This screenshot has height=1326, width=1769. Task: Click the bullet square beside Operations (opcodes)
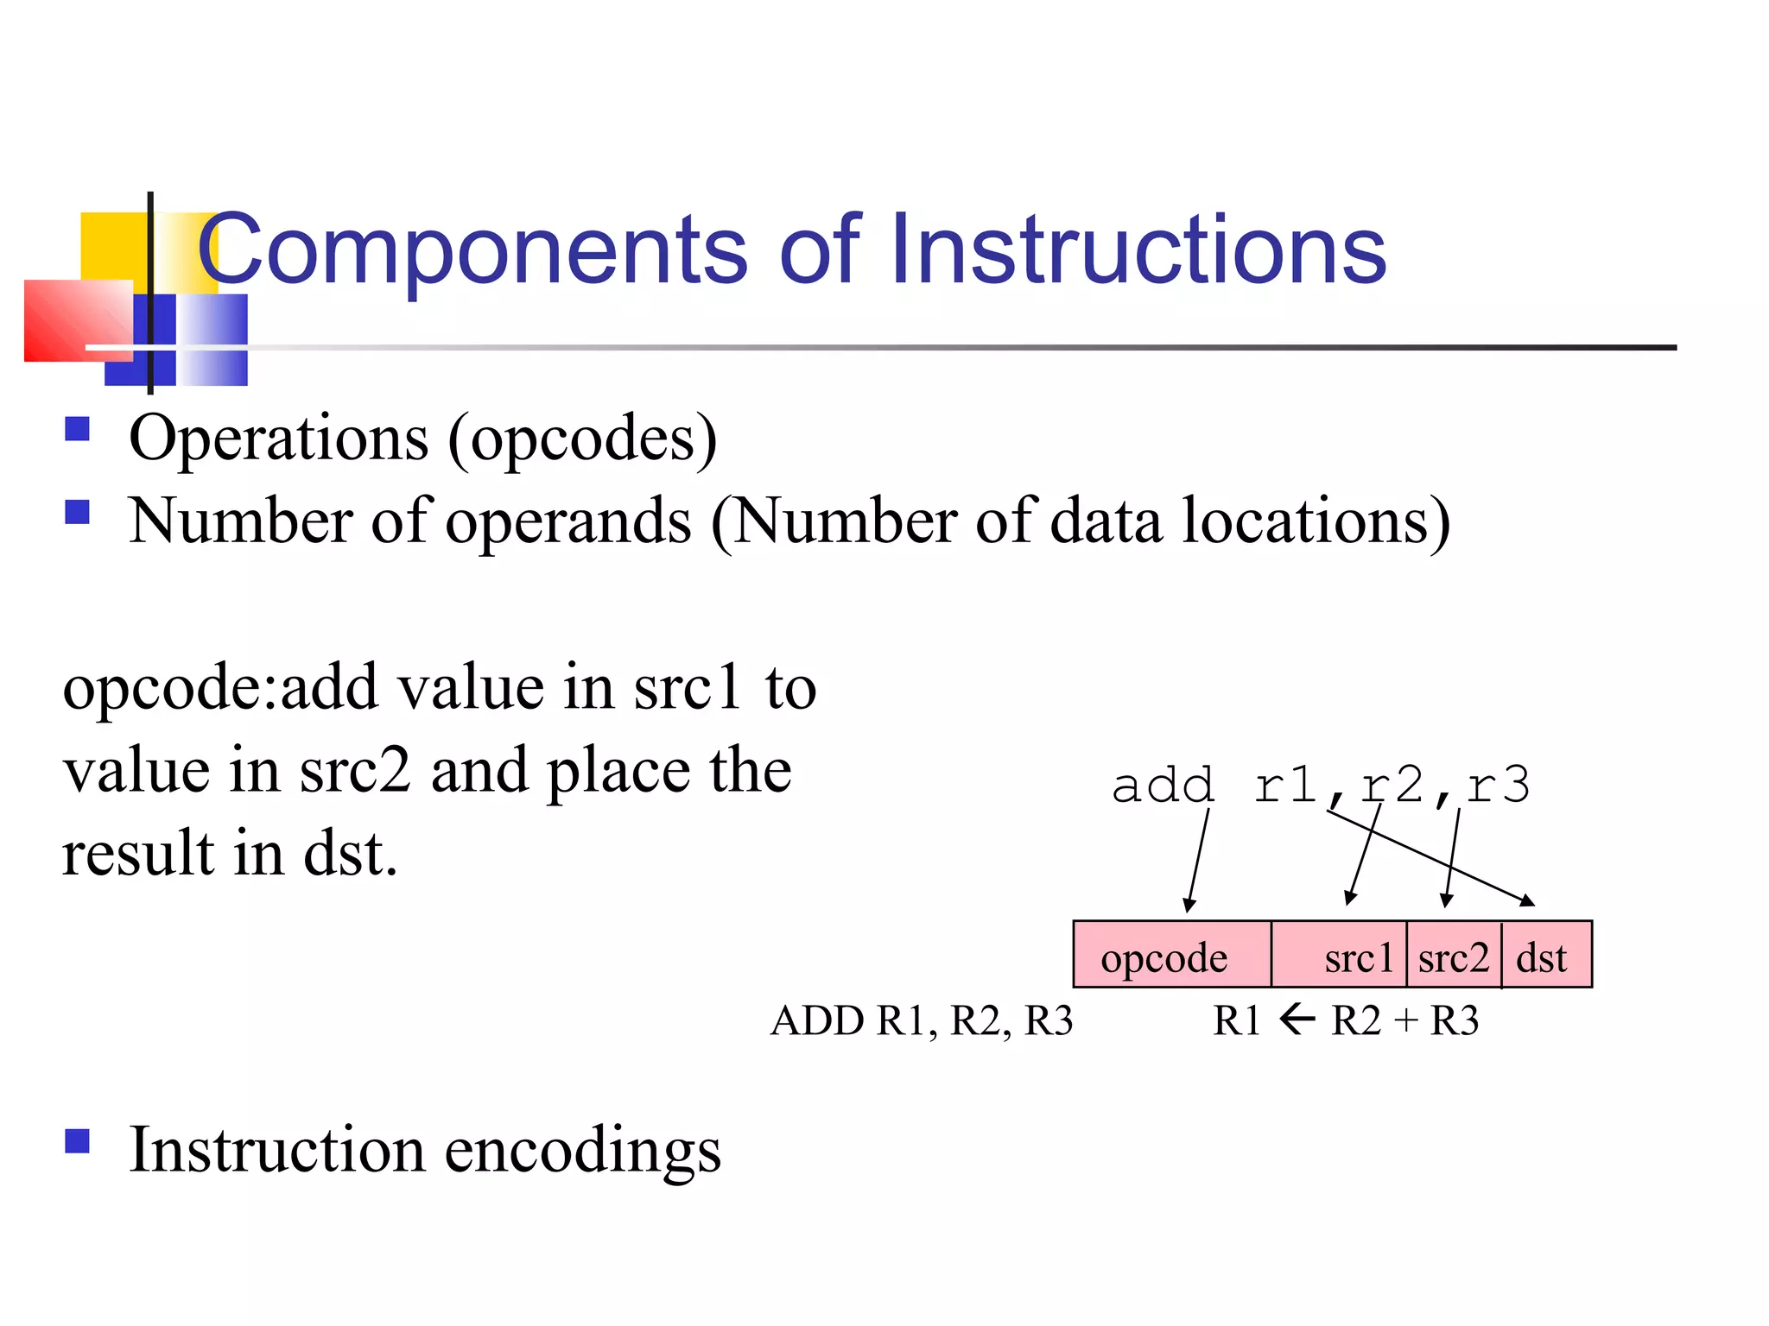78,429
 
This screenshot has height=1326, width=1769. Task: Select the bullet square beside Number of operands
78,513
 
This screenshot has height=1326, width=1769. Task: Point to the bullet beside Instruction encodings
78,1141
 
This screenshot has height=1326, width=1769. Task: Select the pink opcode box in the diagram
1171,955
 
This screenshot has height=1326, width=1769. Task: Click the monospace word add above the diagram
1163,786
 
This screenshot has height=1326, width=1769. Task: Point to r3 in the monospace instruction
1499,786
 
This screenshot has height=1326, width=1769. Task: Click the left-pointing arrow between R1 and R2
1297,1020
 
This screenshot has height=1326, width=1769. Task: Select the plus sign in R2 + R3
1405,1021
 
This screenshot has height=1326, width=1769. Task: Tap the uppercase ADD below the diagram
816,1021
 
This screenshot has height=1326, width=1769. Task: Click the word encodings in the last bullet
582,1152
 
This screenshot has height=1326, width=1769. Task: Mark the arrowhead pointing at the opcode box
1189,905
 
